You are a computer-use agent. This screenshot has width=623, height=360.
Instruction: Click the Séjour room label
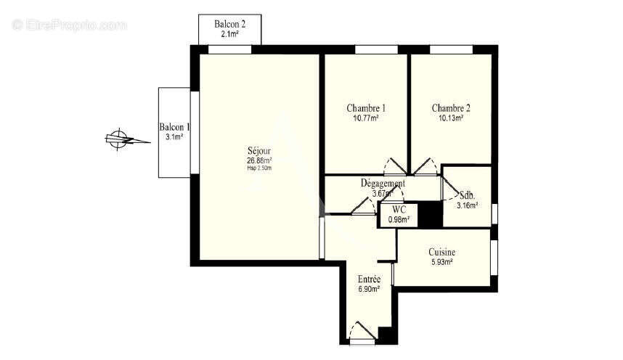coord(258,152)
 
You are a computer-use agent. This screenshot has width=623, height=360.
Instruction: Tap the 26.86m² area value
coord(258,160)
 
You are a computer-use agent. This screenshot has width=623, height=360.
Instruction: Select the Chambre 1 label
coord(366,108)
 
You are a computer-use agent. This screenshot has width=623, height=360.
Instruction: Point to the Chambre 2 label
coord(451,108)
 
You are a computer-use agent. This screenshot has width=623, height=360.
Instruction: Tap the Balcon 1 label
coord(174,127)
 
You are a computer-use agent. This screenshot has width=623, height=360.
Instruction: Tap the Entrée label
coord(370,279)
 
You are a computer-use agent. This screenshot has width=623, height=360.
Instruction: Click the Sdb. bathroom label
coord(468,195)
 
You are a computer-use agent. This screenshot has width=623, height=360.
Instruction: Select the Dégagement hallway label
coord(383,184)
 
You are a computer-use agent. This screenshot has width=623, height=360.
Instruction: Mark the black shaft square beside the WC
coord(432,214)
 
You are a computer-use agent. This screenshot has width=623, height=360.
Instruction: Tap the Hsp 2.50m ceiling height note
coord(258,168)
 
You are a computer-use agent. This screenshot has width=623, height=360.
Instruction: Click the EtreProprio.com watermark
coord(70,25)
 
